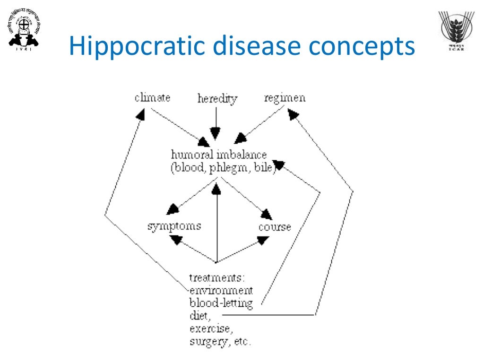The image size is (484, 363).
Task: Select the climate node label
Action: point(152,98)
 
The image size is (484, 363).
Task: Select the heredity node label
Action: point(217,99)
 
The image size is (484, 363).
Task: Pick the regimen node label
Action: point(285,98)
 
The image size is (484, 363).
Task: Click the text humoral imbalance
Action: point(218,155)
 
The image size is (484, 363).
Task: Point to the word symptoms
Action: point(174,226)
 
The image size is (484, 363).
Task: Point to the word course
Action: point(275,227)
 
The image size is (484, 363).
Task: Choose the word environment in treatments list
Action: point(221,290)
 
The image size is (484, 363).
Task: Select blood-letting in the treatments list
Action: point(221,303)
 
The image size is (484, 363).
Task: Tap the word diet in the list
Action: point(199,316)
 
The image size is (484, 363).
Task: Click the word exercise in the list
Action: point(210,328)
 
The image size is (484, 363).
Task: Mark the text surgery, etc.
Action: point(220,341)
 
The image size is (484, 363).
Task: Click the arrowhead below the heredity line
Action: point(216,134)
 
